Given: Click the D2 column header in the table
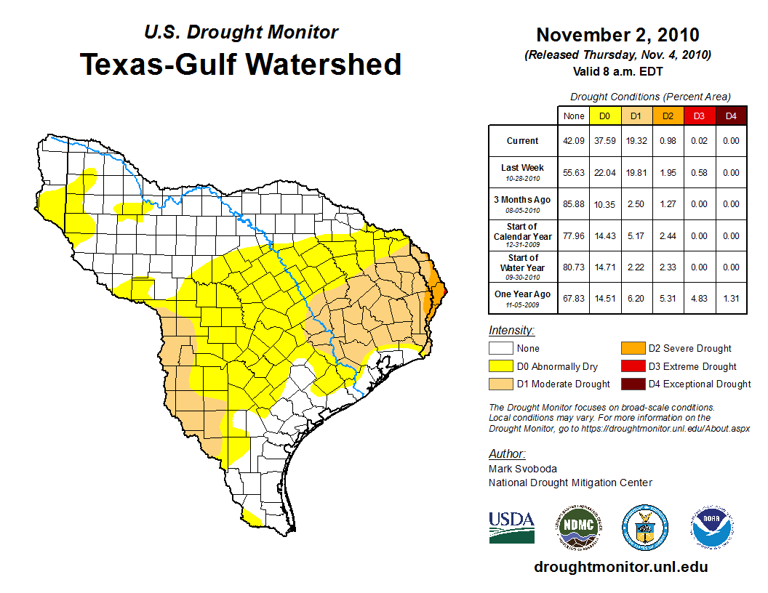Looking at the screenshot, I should pos(667,116).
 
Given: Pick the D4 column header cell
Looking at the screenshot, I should pos(730,116).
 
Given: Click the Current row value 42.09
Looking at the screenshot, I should pos(573,141).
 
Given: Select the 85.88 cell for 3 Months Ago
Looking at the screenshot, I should pos(573,204).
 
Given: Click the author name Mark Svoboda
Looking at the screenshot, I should pos(523,469).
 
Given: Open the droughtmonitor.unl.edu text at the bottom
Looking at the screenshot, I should pos(620,567).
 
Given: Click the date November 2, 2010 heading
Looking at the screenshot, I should pos(617,35).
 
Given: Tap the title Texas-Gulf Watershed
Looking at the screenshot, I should pos(241,64).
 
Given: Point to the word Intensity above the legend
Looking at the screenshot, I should pos(512,331).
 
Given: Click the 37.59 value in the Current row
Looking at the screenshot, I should pos(604,141).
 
